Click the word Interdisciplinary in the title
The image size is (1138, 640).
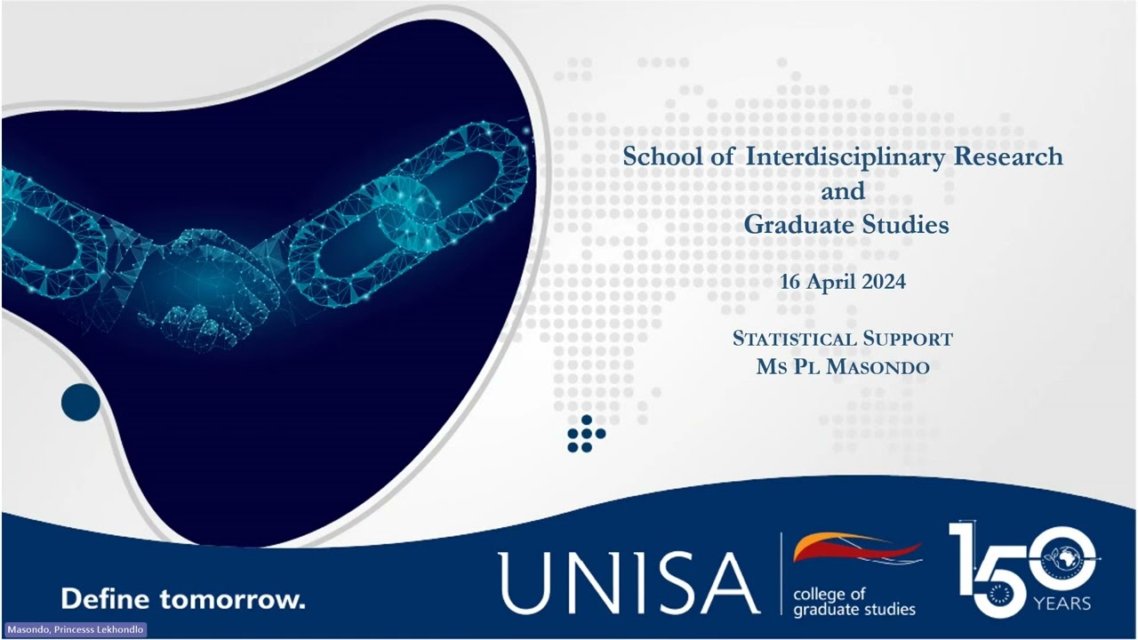[845, 157]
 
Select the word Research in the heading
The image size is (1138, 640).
[1008, 157]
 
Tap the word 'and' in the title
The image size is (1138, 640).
[843, 191]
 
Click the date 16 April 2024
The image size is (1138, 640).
[843, 283]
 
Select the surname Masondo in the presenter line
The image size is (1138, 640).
[878, 367]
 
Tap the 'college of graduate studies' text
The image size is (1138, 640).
[853, 602]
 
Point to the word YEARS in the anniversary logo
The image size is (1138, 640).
[1062, 604]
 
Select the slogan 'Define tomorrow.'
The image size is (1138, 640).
[182, 598]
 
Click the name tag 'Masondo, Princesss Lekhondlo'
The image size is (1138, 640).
[75, 629]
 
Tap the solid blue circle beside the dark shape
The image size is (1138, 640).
[81, 403]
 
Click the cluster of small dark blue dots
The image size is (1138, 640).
[585, 434]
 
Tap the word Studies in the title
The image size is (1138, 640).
[905, 225]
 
